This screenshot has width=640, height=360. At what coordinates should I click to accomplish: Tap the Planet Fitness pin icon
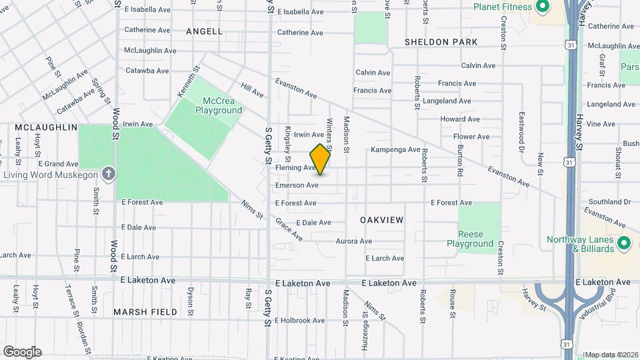[542, 7]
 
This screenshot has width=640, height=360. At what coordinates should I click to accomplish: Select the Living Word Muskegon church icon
[109, 175]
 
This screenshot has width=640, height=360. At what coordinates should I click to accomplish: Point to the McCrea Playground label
[218, 105]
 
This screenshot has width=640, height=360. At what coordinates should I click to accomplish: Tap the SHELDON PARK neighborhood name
[441, 42]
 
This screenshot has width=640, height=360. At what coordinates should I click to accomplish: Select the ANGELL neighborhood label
[204, 31]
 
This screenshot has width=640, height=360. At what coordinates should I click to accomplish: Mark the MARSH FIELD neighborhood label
[145, 311]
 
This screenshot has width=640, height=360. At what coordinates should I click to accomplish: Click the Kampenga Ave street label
[395, 149]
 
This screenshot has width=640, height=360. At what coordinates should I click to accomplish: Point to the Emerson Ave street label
[297, 185]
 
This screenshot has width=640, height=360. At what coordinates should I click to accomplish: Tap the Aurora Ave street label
[353, 241]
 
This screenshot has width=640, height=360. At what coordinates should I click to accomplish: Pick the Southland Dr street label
[609, 201]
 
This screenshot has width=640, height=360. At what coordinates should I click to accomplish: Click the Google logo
[22, 352]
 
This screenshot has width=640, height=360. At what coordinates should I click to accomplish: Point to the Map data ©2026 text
[611, 355]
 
